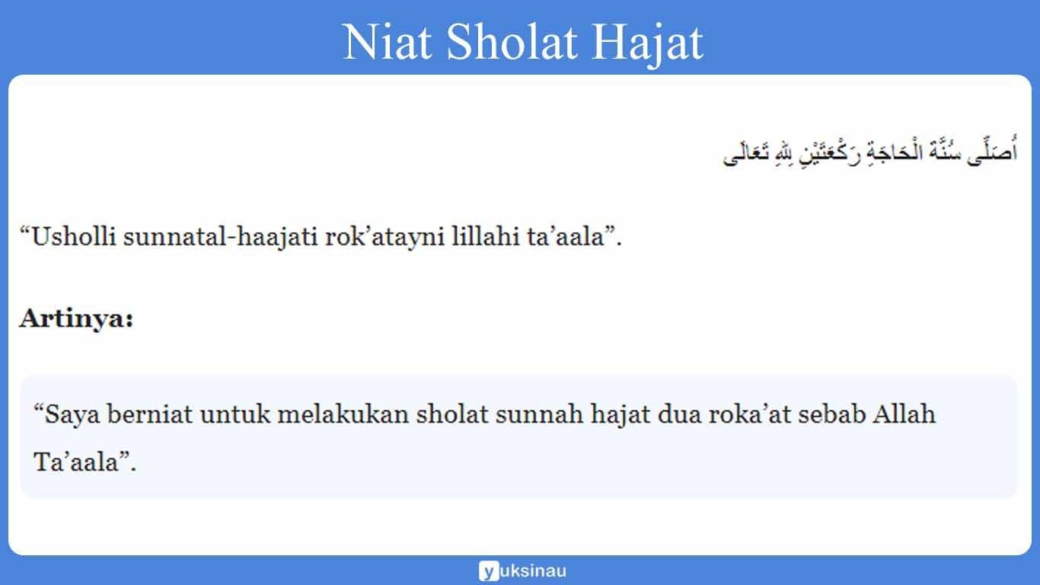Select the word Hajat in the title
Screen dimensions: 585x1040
[x=649, y=43]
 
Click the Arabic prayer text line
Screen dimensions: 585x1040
[x=869, y=153]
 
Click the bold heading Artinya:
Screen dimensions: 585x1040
[x=76, y=318]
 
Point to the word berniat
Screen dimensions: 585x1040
[x=151, y=415]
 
